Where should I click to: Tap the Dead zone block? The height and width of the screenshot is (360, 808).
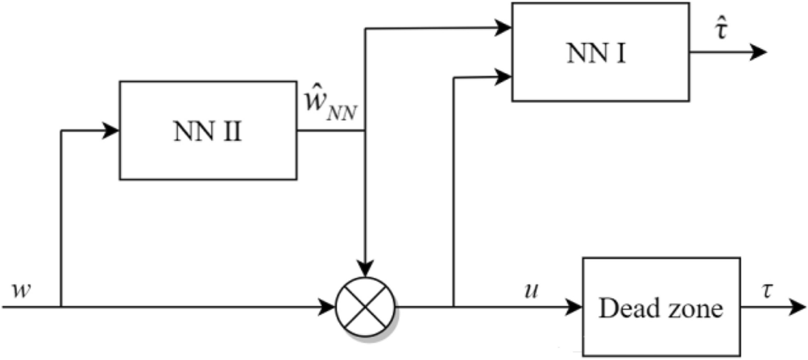(x=661, y=307)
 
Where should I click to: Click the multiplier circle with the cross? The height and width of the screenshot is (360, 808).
(x=365, y=307)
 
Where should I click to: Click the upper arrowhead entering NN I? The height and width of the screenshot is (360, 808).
(x=504, y=29)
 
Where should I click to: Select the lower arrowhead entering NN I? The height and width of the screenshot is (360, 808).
(x=504, y=77)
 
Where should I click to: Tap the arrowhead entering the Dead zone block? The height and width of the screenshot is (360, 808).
(x=574, y=307)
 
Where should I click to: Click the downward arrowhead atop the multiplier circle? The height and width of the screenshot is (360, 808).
(x=365, y=269)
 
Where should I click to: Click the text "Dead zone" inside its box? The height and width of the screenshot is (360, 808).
(x=661, y=308)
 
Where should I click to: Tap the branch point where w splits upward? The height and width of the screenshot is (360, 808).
(x=61, y=307)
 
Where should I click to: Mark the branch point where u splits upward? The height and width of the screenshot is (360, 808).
(x=455, y=307)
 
